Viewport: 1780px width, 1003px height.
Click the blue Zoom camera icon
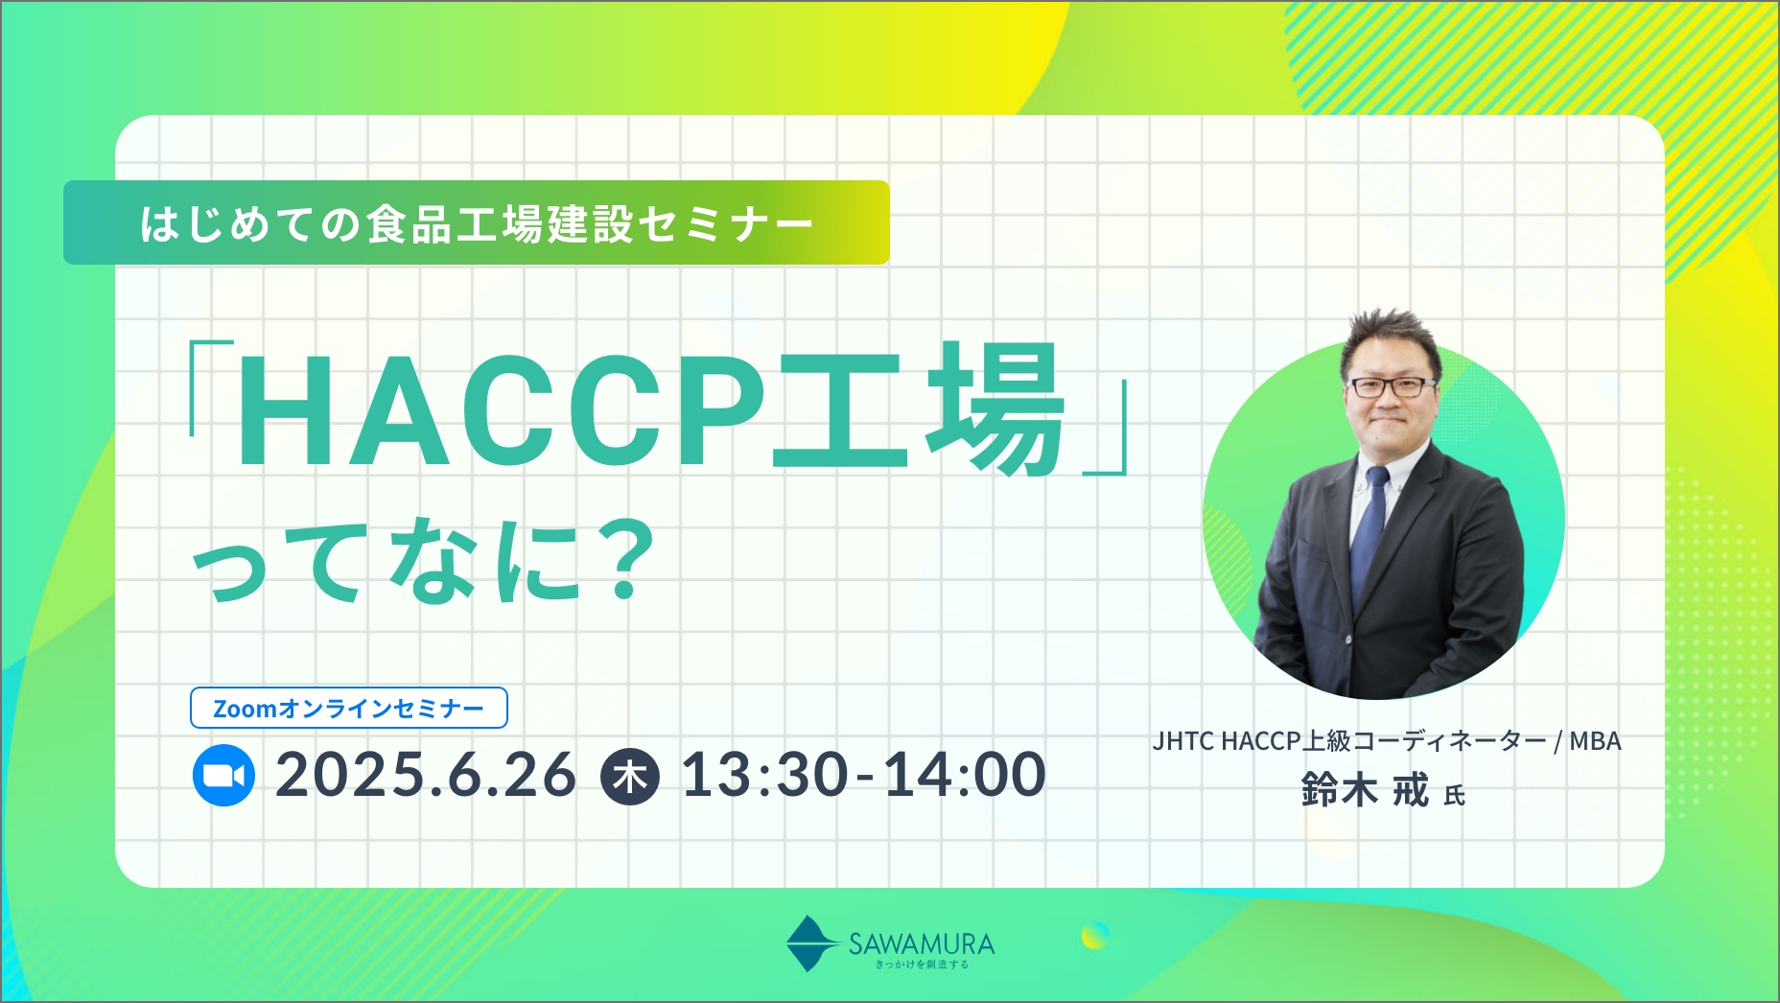click(223, 775)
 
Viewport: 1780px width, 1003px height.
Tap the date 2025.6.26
click(426, 775)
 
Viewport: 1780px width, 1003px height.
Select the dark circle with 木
click(630, 776)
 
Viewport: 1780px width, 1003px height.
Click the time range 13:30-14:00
click(863, 775)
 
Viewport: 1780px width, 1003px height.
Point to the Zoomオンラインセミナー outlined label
click(349, 708)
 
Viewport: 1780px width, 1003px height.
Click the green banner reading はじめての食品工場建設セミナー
click(477, 222)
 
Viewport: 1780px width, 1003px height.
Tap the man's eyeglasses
click(1393, 387)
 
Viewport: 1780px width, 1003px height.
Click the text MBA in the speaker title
click(1595, 741)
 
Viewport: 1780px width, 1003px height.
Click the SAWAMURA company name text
click(922, 944)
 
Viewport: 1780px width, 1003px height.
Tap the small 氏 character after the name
click(1454, 796)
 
